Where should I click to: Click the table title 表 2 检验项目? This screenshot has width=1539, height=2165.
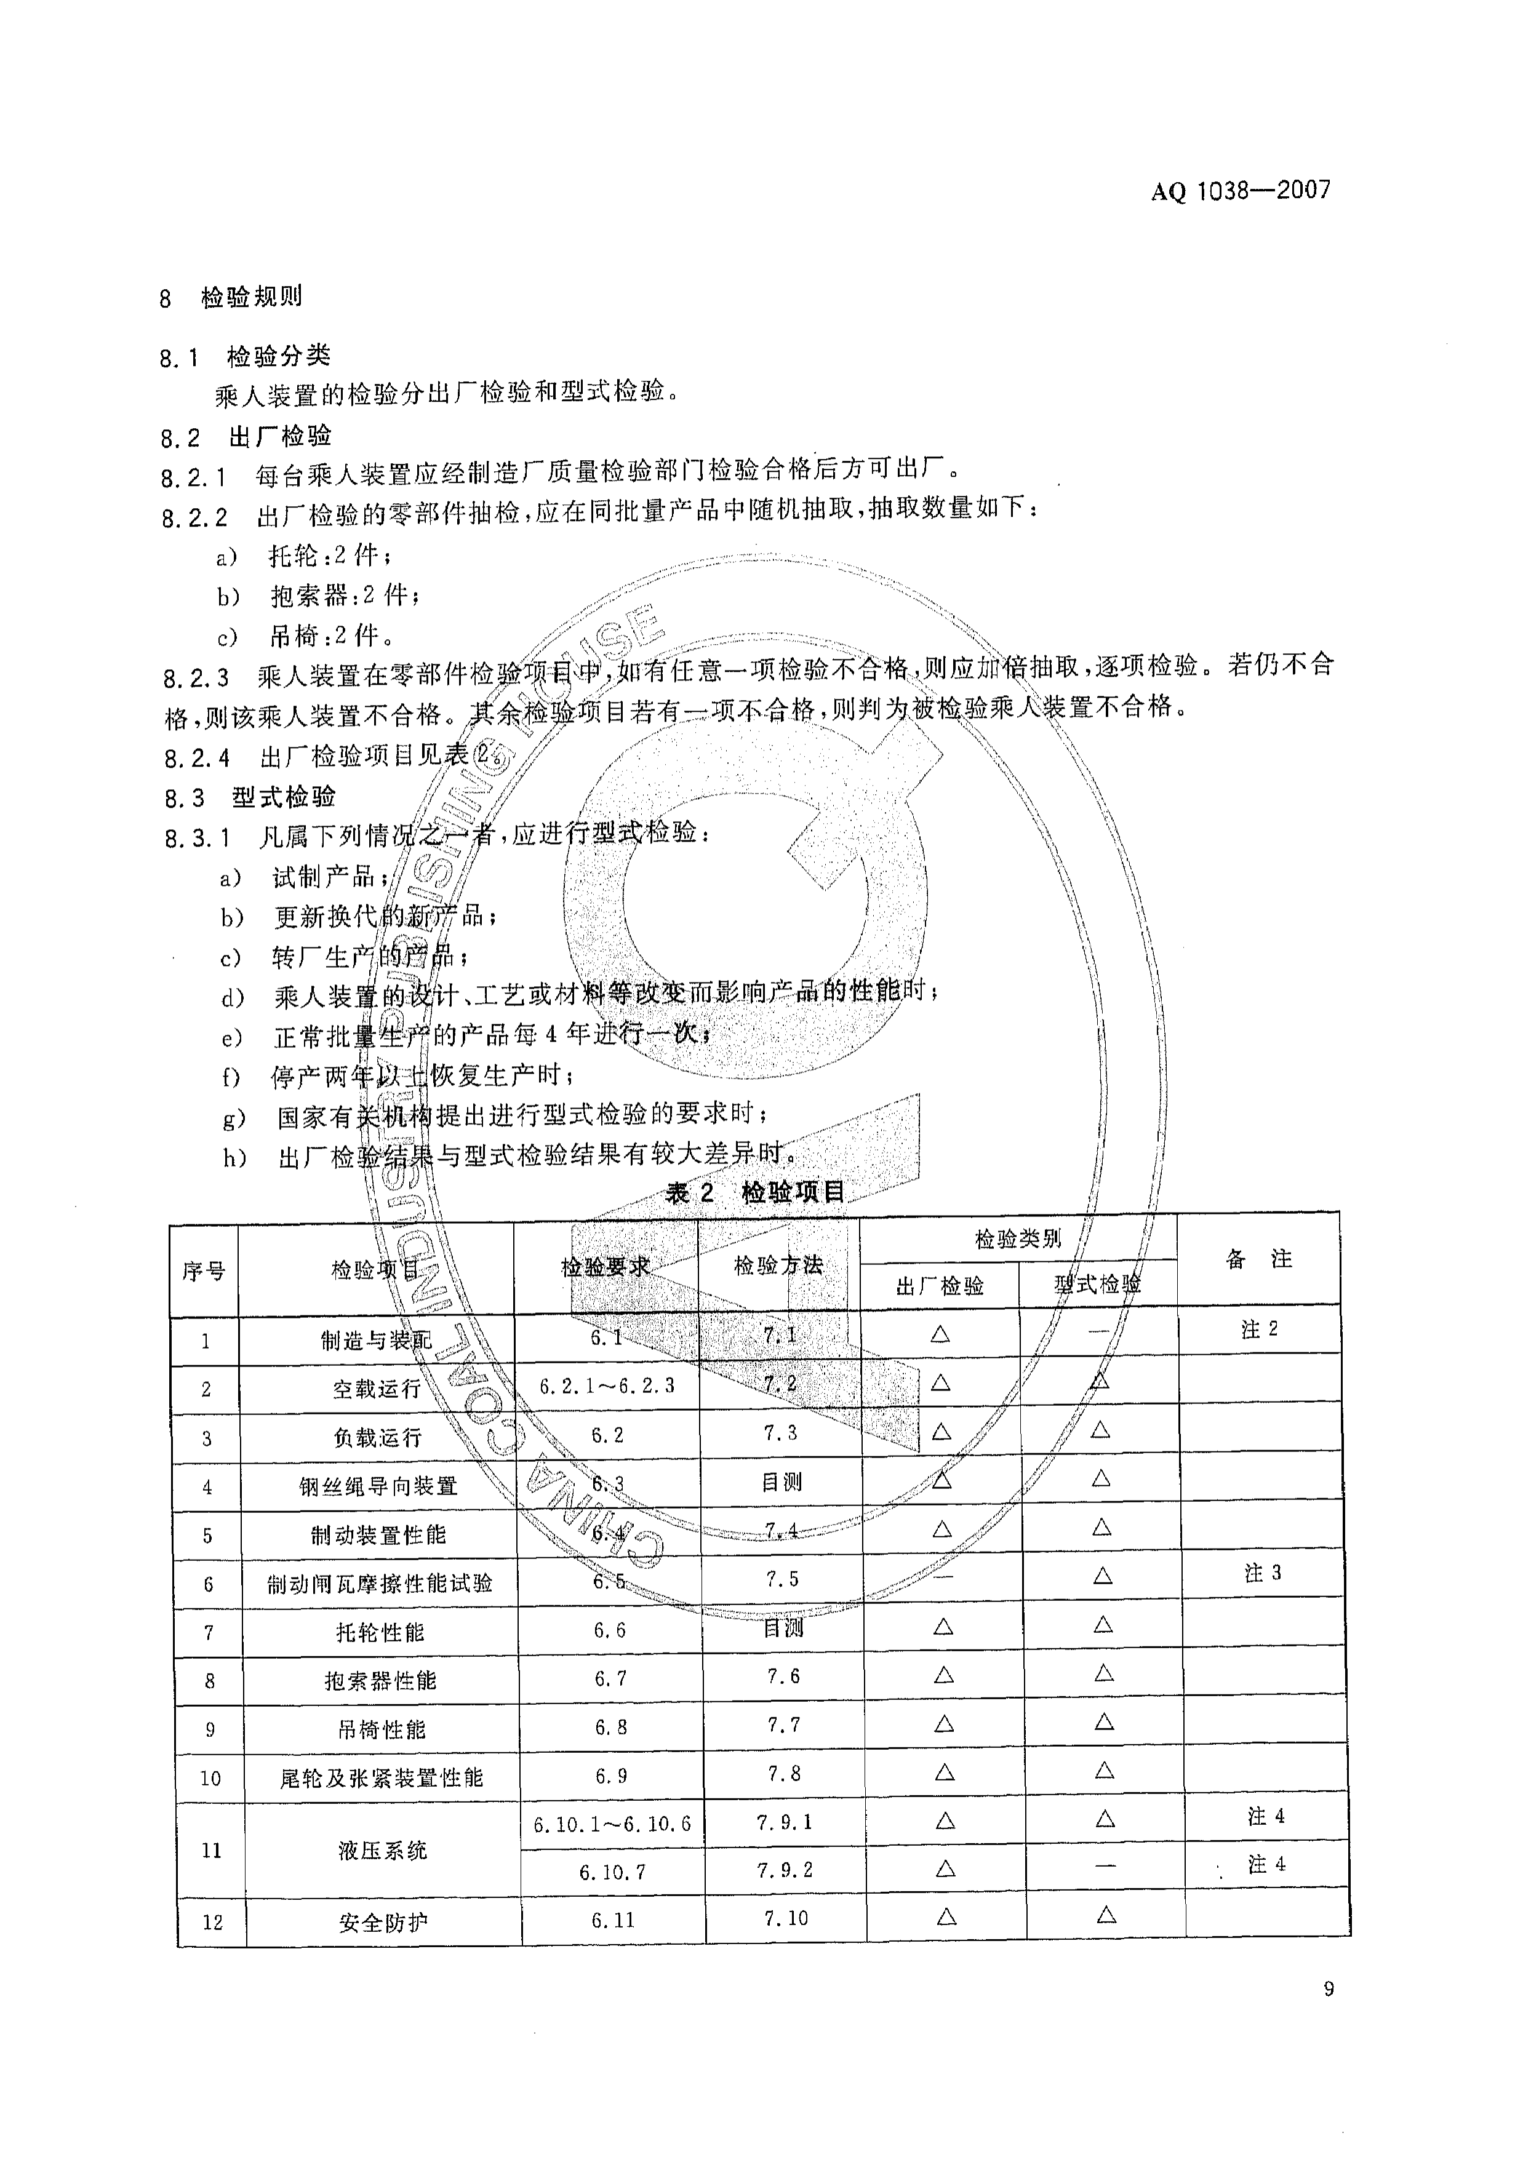click(x=754, y=1192)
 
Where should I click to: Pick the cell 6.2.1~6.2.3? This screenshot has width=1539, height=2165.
click(x=607, y=1386)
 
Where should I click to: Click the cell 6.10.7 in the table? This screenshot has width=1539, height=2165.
click(x=612, y=1872)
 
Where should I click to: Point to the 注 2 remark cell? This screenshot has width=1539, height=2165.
click(x=1260, y=1330)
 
